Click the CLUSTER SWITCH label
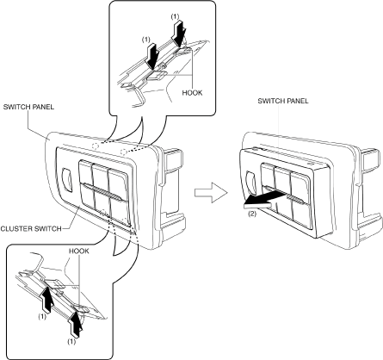click(x=31, y=229)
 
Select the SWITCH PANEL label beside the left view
click(x=28, y=107)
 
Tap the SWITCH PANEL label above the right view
click(x=283, y=101)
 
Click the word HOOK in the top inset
click(x=192, y=93)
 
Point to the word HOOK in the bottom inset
click(x=79, y=251)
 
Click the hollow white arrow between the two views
click(x=211, y=192)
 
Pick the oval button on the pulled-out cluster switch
click(x=250, y=183)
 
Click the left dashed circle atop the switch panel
click(x=96, y=146)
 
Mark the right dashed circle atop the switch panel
click(x=124, y=152)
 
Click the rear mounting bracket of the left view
click(x=170, y=187)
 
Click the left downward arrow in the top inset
click(x=152, y=56)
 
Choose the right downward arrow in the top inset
click(x=181, y=34)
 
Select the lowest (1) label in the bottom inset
click(x=71, y=342)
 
